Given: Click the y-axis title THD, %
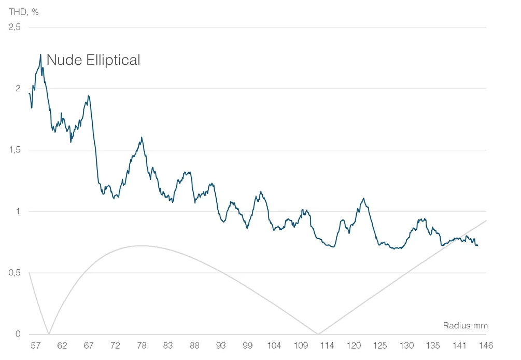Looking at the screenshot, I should point(24,11).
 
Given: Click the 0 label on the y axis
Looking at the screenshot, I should point(18,334).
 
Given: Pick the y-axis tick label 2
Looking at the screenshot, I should point(18,89).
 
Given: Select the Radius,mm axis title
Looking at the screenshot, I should point(465,326).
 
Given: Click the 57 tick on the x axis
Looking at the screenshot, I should point(36,345).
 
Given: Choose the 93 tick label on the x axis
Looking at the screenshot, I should point(221,345).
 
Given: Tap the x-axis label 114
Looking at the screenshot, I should point(328,345).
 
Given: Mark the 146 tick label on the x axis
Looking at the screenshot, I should point(486,345).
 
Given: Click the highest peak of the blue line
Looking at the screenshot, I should point(40,54).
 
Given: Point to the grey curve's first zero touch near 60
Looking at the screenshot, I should point(49,334).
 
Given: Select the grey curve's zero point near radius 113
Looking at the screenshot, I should point(318,334).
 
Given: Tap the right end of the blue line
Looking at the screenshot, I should point(477,245).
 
